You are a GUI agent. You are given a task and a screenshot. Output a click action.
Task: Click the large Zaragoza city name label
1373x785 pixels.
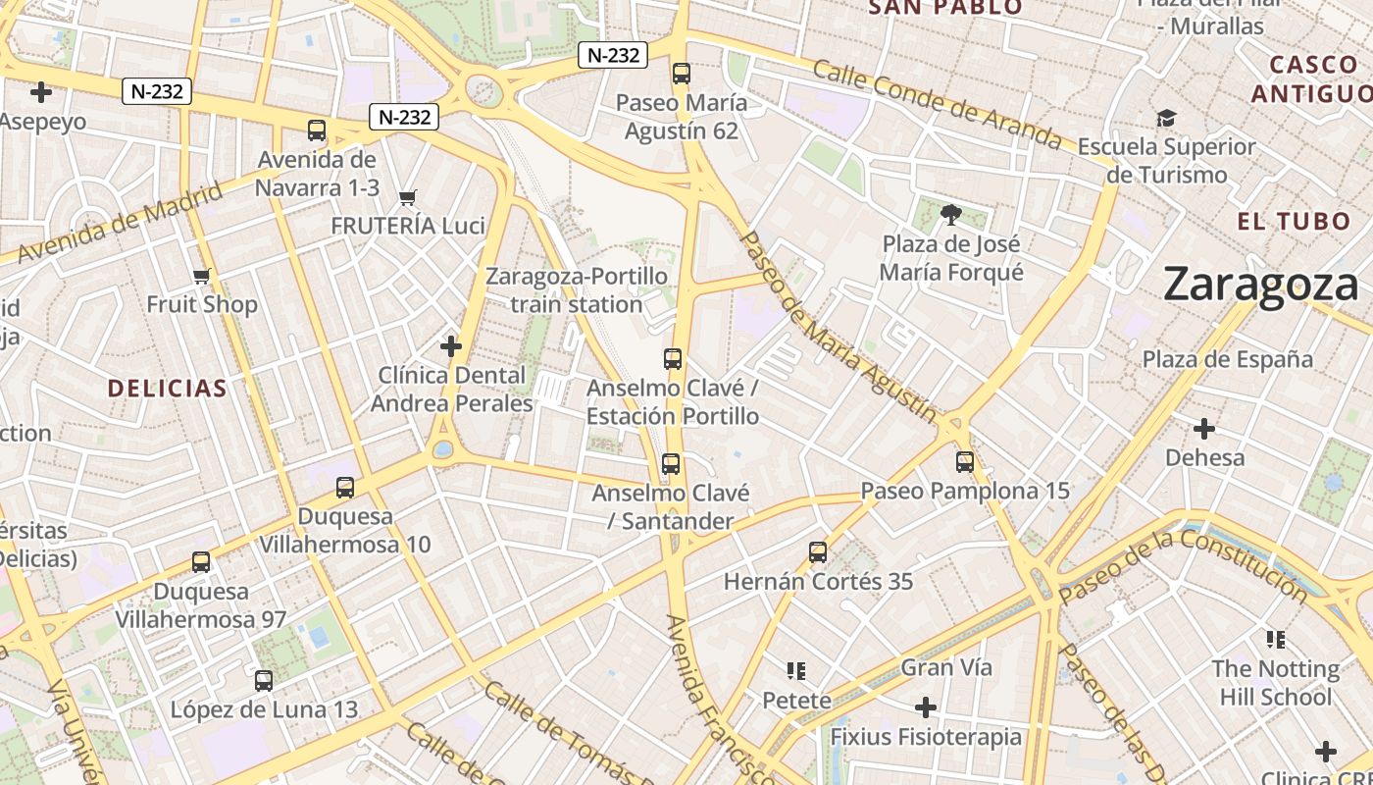coord(1261,285)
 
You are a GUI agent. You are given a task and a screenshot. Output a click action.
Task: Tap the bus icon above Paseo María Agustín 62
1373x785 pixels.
coord(682,74)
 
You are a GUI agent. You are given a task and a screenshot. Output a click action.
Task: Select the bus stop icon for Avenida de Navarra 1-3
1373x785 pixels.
coord(317,131)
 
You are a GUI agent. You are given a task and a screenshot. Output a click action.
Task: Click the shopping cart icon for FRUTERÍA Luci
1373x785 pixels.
coord(408,197)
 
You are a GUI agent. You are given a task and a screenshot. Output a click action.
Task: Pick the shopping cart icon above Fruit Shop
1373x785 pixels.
coord(202,276)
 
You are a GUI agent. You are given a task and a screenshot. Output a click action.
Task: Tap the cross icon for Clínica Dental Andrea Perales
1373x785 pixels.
coord(451,346)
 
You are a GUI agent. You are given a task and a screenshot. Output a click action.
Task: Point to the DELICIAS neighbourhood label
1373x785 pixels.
coord(168,389)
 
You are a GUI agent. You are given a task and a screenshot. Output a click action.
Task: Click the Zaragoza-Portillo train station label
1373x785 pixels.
coord(577,290)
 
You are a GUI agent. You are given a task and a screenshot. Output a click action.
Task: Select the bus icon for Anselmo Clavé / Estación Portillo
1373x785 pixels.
coord(673,359)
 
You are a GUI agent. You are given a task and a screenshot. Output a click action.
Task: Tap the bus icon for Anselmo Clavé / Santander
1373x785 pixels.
coord(671,464)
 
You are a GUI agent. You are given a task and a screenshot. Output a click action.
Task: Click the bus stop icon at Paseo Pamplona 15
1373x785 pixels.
coord(965,462)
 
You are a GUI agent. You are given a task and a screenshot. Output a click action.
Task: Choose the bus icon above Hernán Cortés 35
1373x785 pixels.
coord(818,552)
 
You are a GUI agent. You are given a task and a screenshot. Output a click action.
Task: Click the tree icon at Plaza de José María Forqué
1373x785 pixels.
coord(950,215)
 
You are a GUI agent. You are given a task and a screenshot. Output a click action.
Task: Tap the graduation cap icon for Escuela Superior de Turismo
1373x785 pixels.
coord(1165,119)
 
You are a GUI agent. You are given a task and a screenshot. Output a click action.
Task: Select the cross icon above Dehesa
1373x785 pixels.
coord(1204,429)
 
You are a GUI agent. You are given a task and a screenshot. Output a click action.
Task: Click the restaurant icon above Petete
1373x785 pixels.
coord(796,671)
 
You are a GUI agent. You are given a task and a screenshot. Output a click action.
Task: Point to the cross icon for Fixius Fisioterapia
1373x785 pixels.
coord(926,707)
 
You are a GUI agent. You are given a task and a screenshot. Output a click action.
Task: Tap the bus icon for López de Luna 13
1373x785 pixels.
coord(264,681)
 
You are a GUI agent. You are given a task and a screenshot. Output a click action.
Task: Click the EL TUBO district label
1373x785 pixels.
coord(1294,221)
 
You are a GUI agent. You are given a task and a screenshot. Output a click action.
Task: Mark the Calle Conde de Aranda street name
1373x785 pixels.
coord(937,105)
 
